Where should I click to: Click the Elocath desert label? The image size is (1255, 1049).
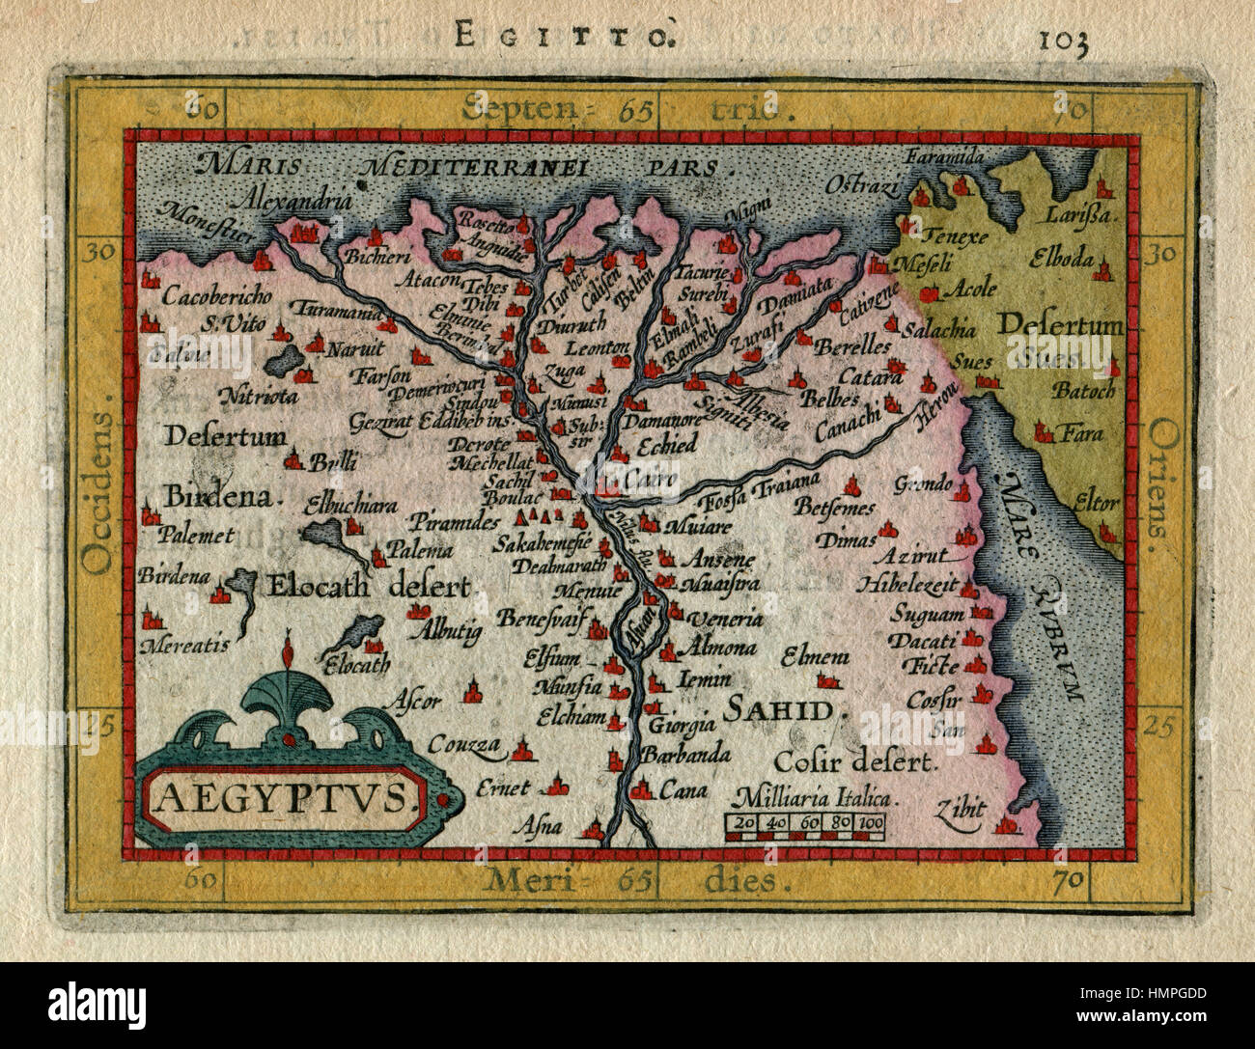[368, 587]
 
